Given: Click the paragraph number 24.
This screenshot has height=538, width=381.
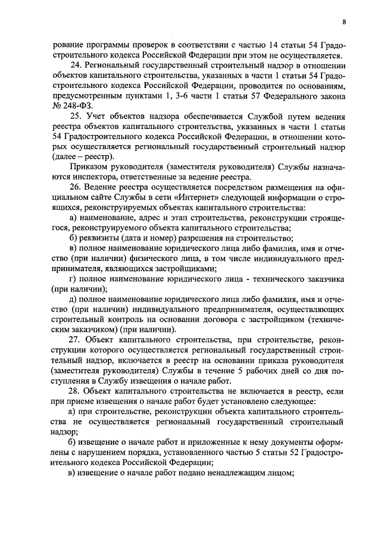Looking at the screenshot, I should (76, 65).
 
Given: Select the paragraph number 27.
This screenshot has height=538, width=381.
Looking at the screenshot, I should (76, 339).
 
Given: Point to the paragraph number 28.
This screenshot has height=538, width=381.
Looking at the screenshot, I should (76, 392).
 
